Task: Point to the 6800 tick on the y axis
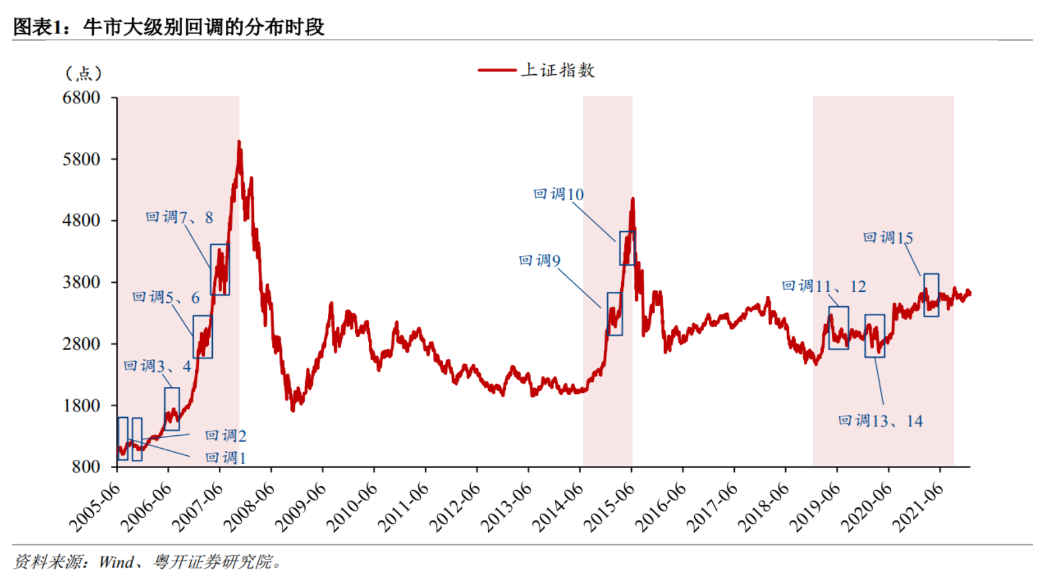(x=81, y=97)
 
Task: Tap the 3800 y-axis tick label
(x=81, y=282)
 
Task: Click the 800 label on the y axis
(x=86, y=467)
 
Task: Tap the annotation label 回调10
(x=558, y=194)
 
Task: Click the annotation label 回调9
(x=540, y=260)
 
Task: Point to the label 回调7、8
(x=179, y=218)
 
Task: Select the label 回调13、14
(x=880, y=421)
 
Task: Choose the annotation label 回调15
(x=888, y=238)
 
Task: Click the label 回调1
(x=226, y=458)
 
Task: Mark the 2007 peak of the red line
(x=239, y=142)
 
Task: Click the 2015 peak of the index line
(x=633, y=199)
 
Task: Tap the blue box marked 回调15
(x=931, y=295)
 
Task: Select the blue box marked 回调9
(x=614, y=314)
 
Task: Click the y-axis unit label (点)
(x=84, y=74)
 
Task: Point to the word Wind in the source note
(x=116, y=562)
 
